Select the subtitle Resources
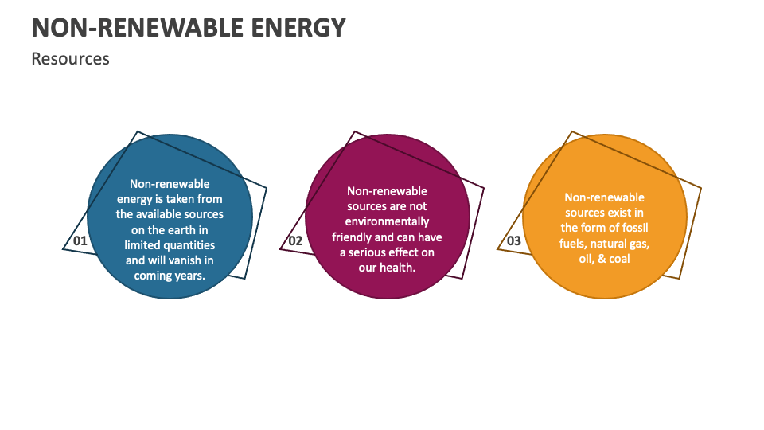point(70,59)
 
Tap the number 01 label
point(80,240)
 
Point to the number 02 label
point(295,240)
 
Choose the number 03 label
point(514,240)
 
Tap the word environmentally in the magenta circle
point(387,221)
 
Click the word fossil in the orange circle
point(633,228)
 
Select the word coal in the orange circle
point(619,259)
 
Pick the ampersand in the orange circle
point(600,259)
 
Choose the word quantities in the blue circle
point(188,245)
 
